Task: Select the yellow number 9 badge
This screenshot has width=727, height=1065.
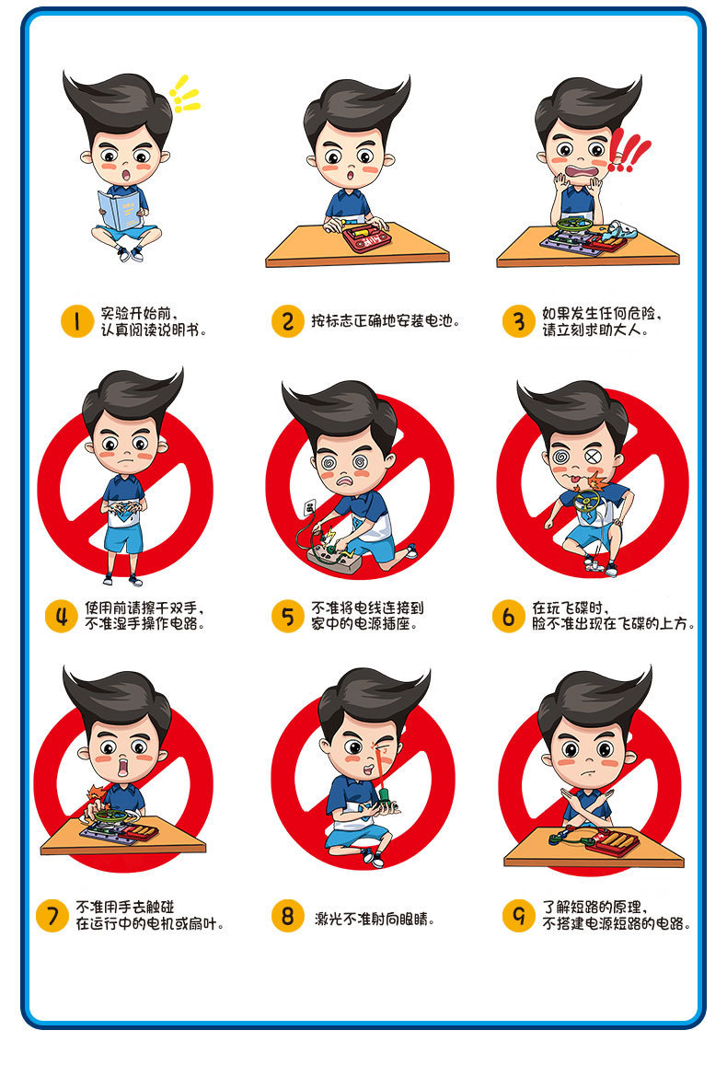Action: [x=518, y=916]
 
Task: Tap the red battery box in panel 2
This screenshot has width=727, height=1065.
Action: [x=365, y=237]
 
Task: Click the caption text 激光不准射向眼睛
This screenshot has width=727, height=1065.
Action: [x=375, y=918]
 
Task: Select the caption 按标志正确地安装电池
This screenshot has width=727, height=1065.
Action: [x=385, y=321]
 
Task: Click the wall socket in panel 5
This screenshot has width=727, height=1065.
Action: [x=311, y=506]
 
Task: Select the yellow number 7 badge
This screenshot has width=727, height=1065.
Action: [x=52, y=916]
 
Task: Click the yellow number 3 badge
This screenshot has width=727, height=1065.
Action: [x=518, y=321]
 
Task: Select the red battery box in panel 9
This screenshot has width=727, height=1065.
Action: [x=622, y=840]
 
